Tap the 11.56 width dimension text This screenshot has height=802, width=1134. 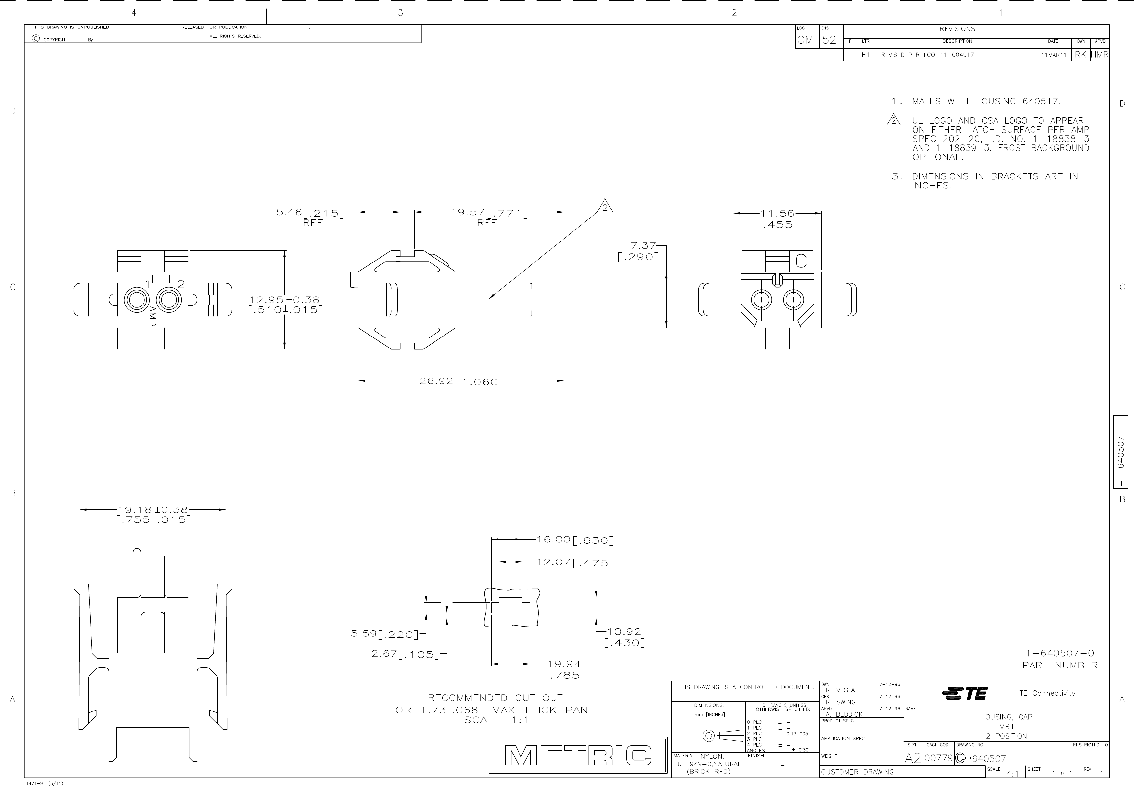pos(777,214)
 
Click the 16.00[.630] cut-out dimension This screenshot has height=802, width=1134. pos(575,540)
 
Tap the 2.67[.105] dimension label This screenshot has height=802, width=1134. pos(405,654)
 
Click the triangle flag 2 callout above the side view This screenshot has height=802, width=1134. pos(605,207)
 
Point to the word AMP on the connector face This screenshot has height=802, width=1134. pos(153,315)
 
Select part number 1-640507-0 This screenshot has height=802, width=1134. pos(1059,653)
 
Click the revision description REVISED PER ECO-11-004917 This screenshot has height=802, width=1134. pos(927,55)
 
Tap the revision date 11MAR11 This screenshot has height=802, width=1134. pos(1053,55)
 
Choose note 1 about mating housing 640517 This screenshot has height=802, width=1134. pos(976,101)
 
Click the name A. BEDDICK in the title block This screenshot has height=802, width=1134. pos(844,714)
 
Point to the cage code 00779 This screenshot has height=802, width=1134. pos(938,758)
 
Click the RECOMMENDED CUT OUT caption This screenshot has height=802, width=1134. pos(495,698)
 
